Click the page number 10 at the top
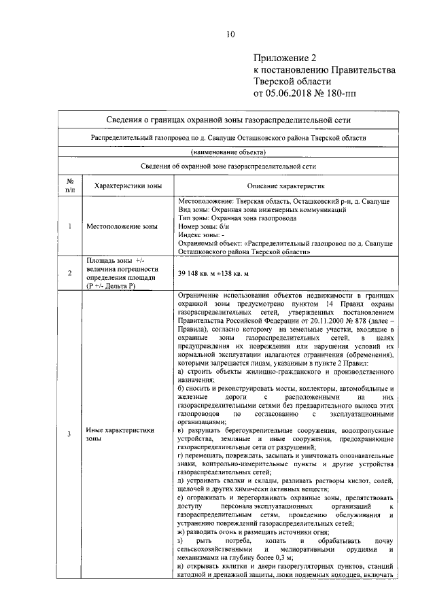point(230,35)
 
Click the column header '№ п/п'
point(70,186)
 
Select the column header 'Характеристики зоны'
point(125,186)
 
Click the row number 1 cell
point(70,226)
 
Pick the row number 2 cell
point(70,273)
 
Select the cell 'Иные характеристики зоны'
point(120,434)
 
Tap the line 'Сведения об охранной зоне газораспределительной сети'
point(228,165)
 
